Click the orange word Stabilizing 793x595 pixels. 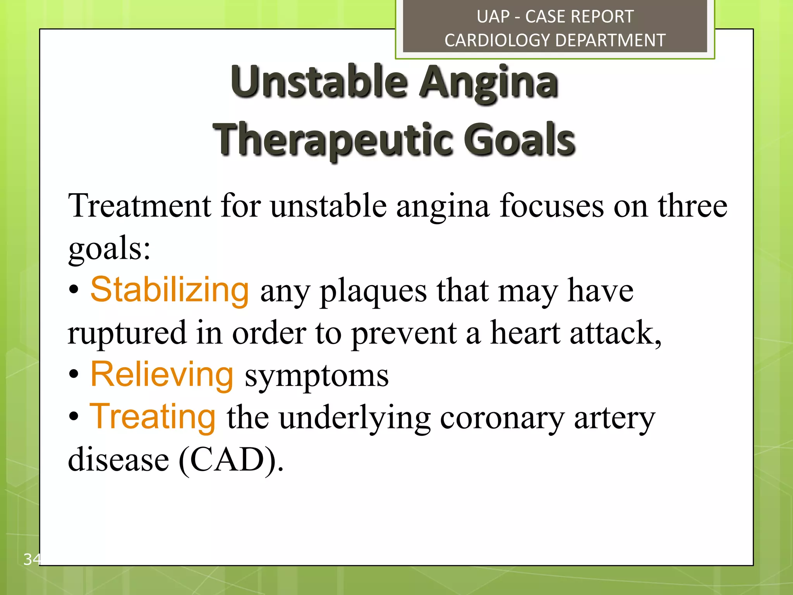(x=170, y=291)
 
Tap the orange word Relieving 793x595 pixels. (x=162, y=375)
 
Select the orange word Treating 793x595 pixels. (x=153, y=417)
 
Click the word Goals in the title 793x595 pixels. (x=519, y=139)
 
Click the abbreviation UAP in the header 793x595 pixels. (x=493, y=17)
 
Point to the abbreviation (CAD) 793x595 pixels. (x=231, y=460)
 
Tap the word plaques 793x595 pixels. (x=373, y=292)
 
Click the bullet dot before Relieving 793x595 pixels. (x=74, y=375)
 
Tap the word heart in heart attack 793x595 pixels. (x=525, y=333)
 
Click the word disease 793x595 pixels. (x=118, y=460)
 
